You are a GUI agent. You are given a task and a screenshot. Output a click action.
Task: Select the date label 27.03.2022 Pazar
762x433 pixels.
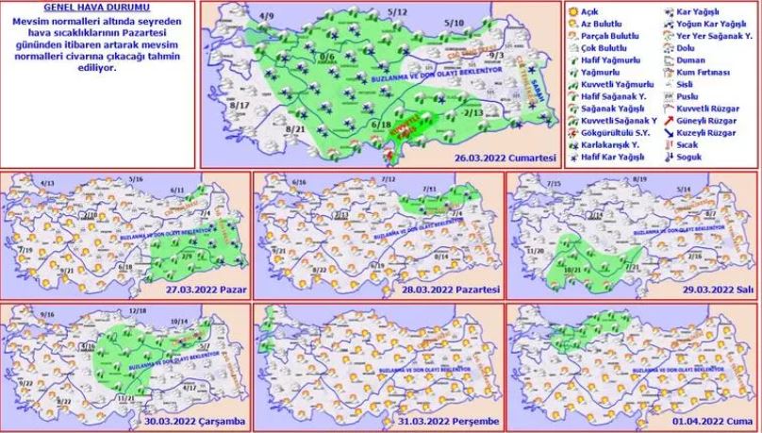(205, 289)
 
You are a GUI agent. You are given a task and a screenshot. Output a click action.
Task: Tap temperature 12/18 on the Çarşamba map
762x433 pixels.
(137, 310)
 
